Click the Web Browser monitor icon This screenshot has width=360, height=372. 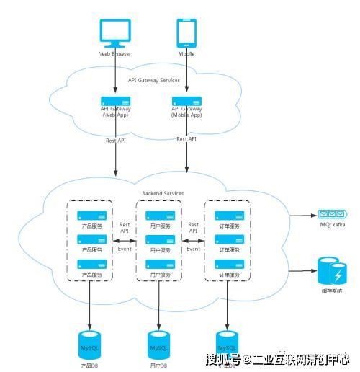point(115,32)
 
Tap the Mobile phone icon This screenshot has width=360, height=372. point(186,32)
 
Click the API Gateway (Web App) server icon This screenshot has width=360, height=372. point(115,102)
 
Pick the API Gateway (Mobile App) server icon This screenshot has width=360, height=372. point(186,102)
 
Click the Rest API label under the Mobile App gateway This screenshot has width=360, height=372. point(186,139)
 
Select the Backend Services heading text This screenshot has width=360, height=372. point(162,193)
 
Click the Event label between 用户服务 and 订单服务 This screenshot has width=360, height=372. point(193,248)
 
